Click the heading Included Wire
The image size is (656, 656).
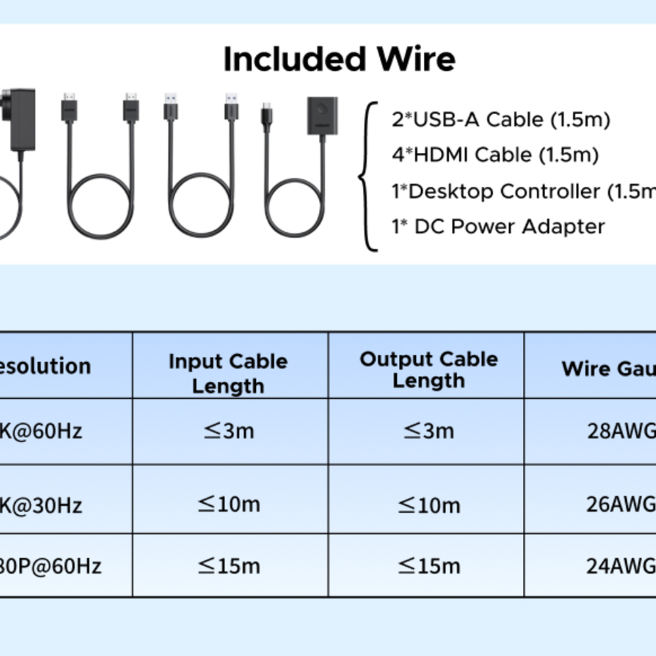tap(339, 60)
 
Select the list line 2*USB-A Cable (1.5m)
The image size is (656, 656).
tap(501, 120)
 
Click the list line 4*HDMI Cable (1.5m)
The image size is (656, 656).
tap(495, 155)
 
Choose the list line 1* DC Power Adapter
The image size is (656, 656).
tap(498, 227)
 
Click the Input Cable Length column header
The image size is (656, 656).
tap(228, 373)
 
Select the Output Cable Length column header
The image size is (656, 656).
tap(428, 369)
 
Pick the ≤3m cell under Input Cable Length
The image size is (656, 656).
tap(228, 431)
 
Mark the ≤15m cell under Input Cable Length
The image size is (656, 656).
tap(228, 565)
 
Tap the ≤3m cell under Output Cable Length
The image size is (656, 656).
tap(428, 431)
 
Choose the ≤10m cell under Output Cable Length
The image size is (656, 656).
tap(428, 504)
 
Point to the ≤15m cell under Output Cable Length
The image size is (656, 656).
tap(428, 565)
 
